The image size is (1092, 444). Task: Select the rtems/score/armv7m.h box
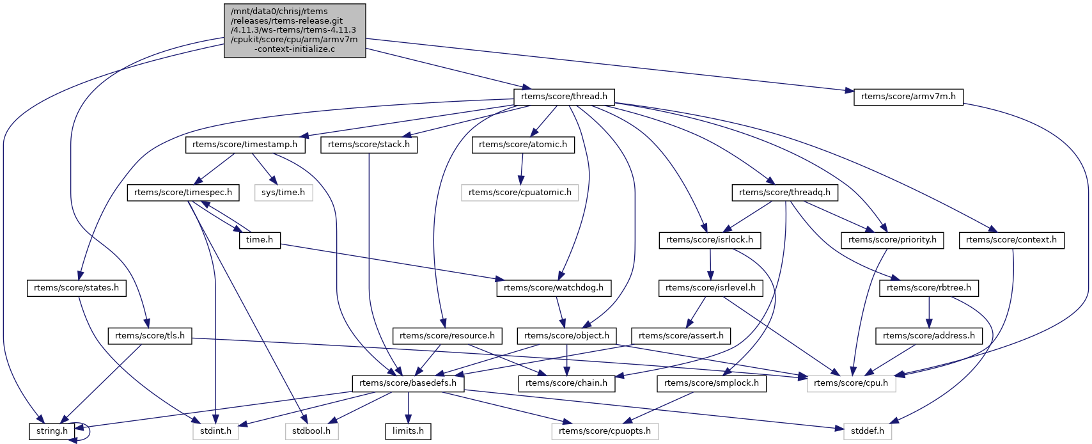908,97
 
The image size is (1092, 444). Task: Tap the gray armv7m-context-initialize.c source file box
295,31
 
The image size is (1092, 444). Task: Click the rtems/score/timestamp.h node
245,145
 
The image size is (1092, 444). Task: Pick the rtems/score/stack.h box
369,145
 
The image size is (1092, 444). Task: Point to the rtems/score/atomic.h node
523,145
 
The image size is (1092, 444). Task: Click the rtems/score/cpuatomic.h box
520,192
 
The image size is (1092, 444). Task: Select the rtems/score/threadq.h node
784,192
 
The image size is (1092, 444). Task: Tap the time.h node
260,240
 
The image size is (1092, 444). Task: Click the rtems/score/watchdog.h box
554,288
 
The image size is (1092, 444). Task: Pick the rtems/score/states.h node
77,288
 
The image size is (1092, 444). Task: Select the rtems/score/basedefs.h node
409,383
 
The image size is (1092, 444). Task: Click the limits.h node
408,431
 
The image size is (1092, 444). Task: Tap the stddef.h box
868,431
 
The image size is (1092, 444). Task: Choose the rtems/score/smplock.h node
712,383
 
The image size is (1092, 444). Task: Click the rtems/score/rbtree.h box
929,288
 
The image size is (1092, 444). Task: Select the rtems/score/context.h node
1011,240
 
